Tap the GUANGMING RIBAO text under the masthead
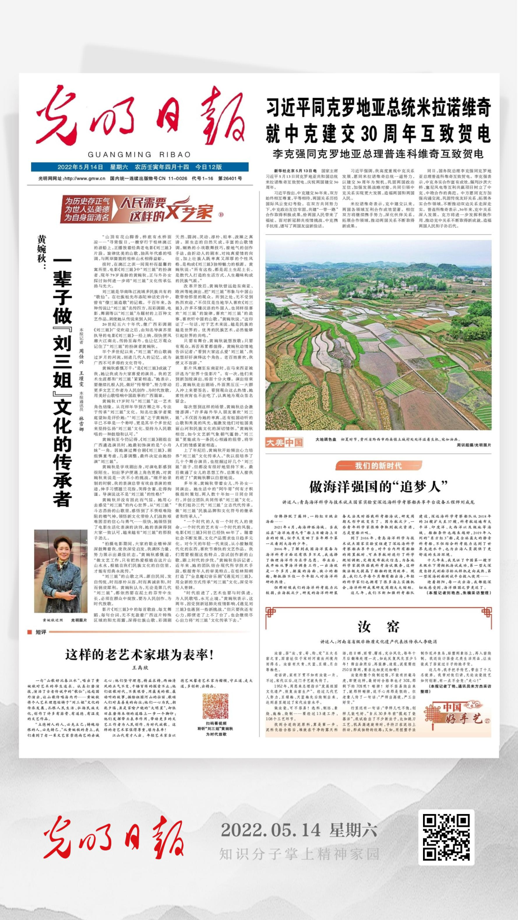[x=139, y=154]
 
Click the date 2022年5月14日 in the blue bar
[x=80, y=167]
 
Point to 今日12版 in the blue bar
[x=209, y=167]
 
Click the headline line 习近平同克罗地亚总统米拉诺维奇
[x=378, y=107]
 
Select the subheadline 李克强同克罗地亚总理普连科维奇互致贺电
[x=378, y=154]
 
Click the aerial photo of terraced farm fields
[x=378, y=335]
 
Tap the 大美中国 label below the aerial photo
[x=284, y=442]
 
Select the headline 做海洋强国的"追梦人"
[x=378, y=487]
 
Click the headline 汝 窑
[x=378, y=627]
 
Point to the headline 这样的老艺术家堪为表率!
[x=140, y=655]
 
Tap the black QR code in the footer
[x=446, y=837]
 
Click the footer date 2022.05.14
[x=271, y=830]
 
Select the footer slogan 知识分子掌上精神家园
[x=299, y=854]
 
